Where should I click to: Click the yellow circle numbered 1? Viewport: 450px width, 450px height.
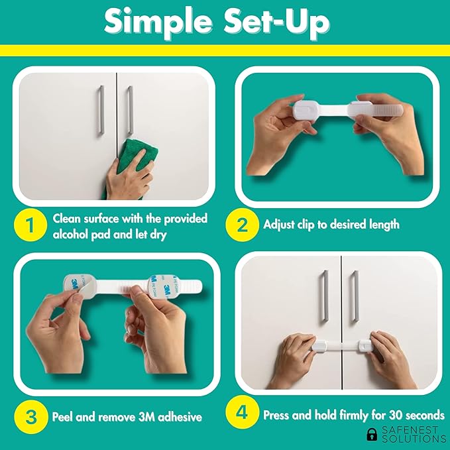click(x=30, y=225)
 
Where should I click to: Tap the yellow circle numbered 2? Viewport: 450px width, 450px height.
click(x=242, y=225)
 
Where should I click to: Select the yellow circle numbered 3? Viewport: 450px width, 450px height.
click(x=31, y=417)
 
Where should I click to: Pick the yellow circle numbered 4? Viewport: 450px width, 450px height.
click(x=242, y=412)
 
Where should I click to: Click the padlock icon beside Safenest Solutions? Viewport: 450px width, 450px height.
click(x=372, y=434)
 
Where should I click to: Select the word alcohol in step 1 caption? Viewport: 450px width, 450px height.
click(x=70, y=235)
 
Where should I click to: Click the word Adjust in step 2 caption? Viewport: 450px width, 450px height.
click(x=278, y=225)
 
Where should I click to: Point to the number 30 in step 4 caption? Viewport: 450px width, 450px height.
click(x=395, y=415)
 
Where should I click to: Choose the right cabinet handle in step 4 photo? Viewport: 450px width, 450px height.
click(x=354, y=297)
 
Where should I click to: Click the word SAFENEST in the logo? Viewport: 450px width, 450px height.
click(x=410, y=430)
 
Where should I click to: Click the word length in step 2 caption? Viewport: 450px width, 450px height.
click(x=384, y=225)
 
